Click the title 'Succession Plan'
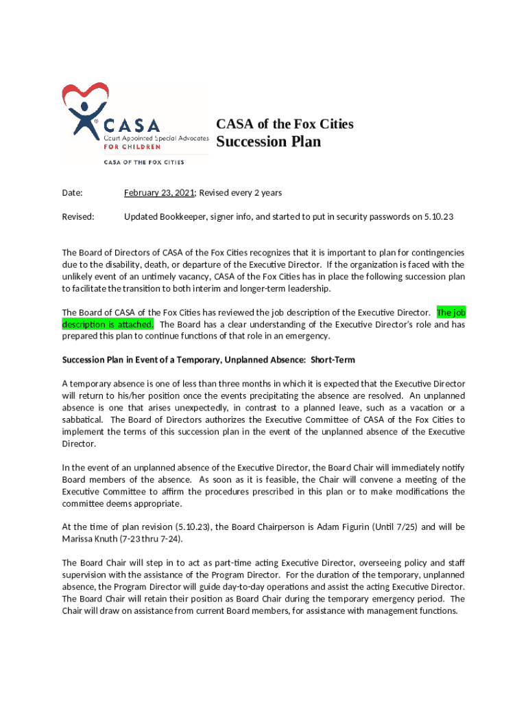268,142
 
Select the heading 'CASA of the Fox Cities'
285,124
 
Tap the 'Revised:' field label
78,217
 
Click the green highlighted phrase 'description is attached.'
108,324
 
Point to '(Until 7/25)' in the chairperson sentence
393,527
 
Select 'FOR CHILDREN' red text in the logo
132,146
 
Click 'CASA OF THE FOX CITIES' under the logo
143,163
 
